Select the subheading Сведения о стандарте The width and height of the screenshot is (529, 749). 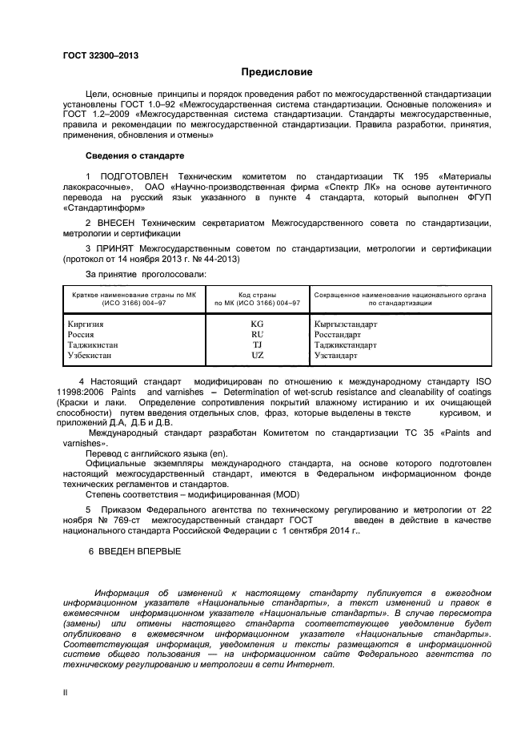(x=134, y=155)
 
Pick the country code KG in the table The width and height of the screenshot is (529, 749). (x=257, y=324)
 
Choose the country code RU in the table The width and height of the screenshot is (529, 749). (x=257, y=334)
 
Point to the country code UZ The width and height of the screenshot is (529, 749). (x=257, y=354)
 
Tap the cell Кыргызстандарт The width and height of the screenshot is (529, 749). (x=346, y=324)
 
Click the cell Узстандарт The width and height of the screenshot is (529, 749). (x=336, y=354)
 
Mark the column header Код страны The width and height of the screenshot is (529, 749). (x=257, y=295)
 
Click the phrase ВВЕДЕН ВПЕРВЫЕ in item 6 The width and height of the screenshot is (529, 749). (x=139, y=551)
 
